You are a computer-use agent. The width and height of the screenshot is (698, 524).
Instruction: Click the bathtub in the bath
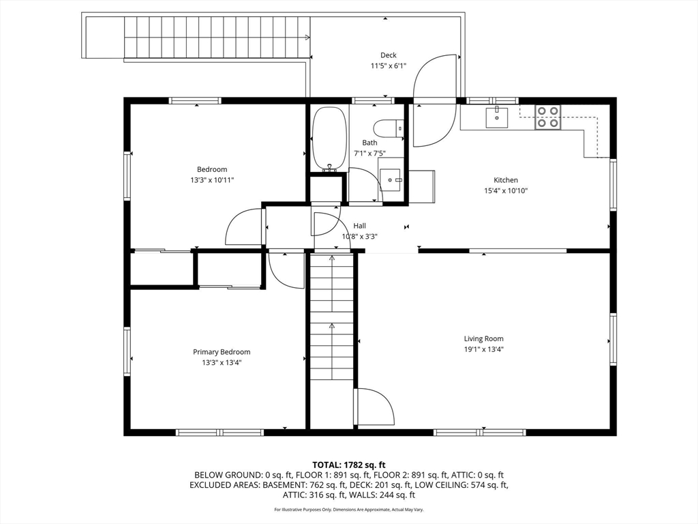coord(330,139)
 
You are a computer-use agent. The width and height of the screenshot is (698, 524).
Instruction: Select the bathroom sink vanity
coord(392,179)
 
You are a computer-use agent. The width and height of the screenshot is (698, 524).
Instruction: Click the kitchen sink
coord(497,117)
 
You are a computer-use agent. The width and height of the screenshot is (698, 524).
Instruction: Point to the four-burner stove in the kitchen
coord(547,117)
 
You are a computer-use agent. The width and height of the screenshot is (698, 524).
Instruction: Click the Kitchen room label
coord(506,180)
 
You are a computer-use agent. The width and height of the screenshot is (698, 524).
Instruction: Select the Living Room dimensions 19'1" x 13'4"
coord(483,349)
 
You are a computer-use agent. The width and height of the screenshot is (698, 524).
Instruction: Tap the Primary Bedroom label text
coord(222,352)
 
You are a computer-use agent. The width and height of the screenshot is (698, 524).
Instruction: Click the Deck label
coord(388,55)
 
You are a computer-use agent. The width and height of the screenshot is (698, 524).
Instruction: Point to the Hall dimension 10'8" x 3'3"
coord(359,237)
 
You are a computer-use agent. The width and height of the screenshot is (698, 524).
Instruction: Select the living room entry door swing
coord(374,407)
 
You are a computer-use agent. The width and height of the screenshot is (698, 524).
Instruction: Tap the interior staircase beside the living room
coord(332,317)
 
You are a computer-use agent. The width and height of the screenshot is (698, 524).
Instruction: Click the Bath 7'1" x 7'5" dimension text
coord(369,154)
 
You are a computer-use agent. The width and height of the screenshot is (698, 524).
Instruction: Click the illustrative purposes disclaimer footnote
coord(349,510)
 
